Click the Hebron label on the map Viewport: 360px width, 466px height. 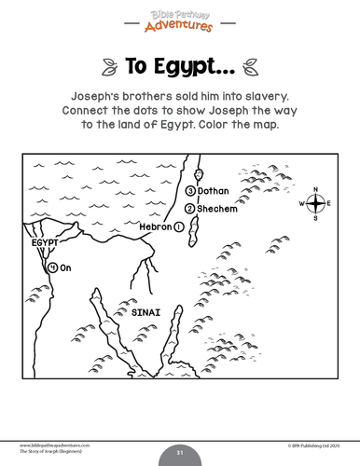[x=155, y=226]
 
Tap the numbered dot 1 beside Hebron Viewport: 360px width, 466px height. [x=178, y=226]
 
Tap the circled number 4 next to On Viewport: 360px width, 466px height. [x=52, y=267]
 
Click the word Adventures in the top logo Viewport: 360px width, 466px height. [x=180, y=25]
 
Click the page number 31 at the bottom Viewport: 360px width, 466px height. [x=180, y=453]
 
